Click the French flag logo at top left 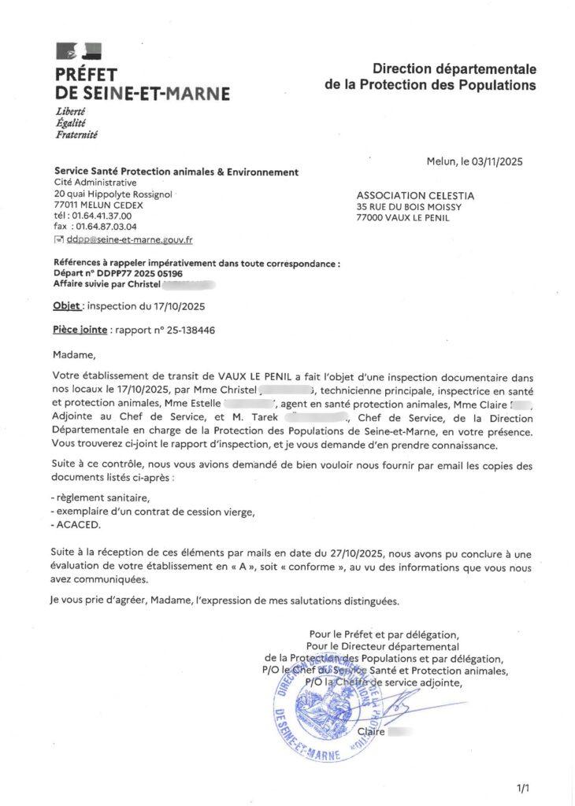click(79, 53)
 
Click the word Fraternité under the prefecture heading click(76, 135)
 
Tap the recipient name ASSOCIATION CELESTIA click(415, 195)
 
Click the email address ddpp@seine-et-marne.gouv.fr click(130, 238)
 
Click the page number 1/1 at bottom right click(524, 786)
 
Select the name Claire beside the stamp click(370, 732)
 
